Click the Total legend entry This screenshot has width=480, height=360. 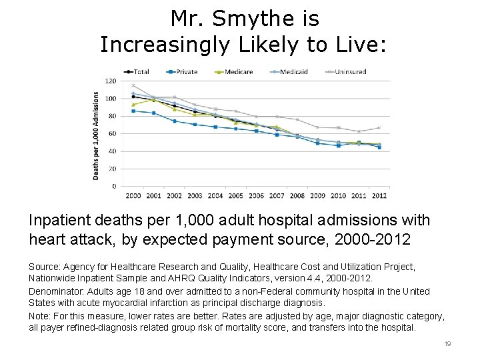click(x=138, y=71)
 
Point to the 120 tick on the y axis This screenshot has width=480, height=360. click(x=111, y=81)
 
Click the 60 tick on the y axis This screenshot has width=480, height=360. click(x=113, y=133)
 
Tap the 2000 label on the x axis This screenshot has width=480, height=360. click(x=133, y=195)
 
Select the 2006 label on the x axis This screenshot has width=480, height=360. click(x=257, y=195)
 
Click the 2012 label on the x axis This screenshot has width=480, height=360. click(x=379, y=195)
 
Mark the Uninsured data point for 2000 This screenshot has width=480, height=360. click(x=133, y=85)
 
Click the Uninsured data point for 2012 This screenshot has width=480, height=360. click(x=379, y=128)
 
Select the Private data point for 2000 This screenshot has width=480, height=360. click(x=133, y=111)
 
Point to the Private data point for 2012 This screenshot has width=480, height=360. click(x=379, y=147)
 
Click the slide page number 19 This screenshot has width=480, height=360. click(x=447, y=343)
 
